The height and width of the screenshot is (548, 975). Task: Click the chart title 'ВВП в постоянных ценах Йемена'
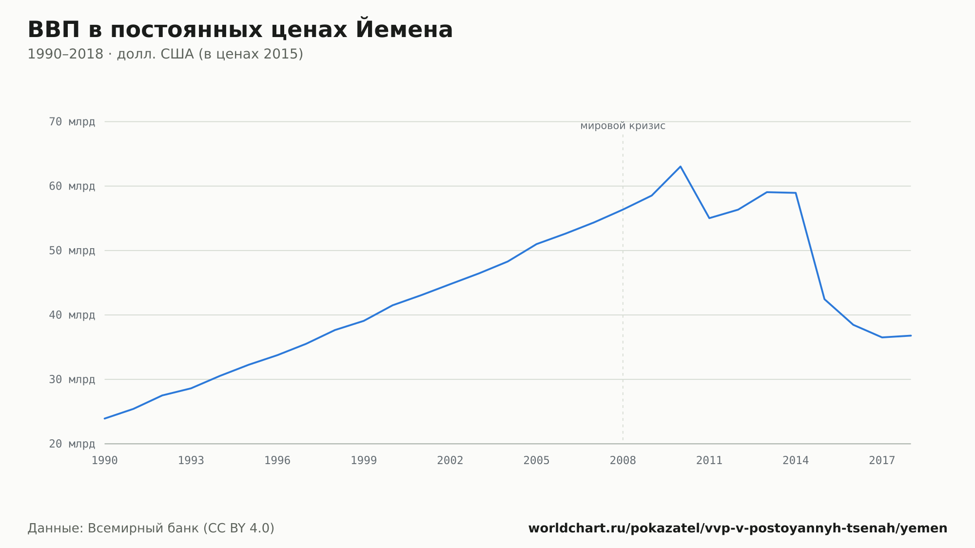pyautogui.click(x=240, y=29)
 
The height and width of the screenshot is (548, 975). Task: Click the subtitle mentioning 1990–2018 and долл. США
pyautogui.click(x=165, y=54)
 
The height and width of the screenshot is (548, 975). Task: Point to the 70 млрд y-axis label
pyautogui.click(x=72, y=122)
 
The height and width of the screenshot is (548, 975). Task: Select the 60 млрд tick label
pyautogui.click(x=72, y=186)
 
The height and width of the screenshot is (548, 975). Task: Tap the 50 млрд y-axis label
pyautogui.click(x=72, y=251)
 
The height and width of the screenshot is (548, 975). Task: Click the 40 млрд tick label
pyautogui.click(x=72, y=315)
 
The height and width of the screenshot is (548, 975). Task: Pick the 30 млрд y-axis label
pyautogui.click(x=72, y=379)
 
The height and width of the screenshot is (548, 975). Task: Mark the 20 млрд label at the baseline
pyautogui.click(x=72, y=444)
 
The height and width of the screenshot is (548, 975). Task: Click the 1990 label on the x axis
pyautogui.click(x=105, y=461)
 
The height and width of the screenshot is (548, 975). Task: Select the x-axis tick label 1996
pyautogui.click(x=277, y=461)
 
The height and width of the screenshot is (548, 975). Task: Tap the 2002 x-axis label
pyautogui.click(x=450, y=461)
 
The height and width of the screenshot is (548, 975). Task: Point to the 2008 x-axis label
pyautogui.click(x=623, y=461)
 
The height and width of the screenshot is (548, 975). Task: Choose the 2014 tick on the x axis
pyautogui.click(x=796, y=461)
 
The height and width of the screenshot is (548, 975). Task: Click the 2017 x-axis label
pyautogui.click(x=882, y=461)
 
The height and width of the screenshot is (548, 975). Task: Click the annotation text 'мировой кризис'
pyautogui.click(x=623, y=126)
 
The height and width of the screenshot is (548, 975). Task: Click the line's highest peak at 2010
pyautogui.click(x=681, y=167)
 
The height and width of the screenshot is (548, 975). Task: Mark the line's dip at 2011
pyautogui.click(x=709, y=218)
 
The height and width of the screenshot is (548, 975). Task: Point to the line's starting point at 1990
pyautogui.click(x=105, y=418)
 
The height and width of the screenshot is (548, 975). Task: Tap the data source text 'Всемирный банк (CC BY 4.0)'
pyautogui.click(x=181, y=528)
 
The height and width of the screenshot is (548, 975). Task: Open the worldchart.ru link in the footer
pyautogui.click(x=738, y=528)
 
